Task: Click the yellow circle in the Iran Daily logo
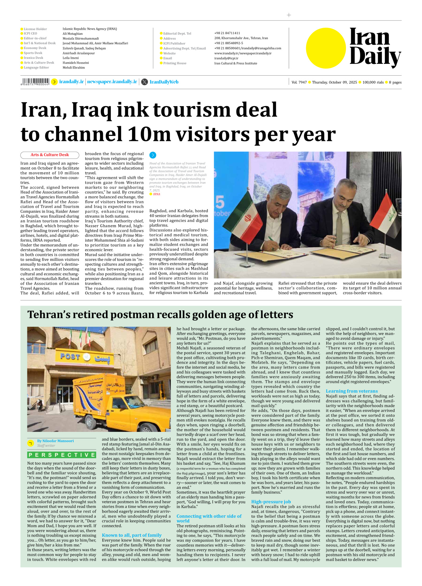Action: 326,48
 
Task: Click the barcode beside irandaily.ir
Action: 35,81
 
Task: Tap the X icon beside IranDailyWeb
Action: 144,82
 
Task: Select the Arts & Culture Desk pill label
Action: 50,155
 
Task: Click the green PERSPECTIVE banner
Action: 62,455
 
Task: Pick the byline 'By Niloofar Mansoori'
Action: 55,441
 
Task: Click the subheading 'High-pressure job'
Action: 271,502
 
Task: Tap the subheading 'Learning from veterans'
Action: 351,391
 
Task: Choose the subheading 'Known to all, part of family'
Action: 132,535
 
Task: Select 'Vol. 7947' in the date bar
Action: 299,82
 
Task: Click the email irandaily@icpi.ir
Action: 226,58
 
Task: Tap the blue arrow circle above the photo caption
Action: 153,155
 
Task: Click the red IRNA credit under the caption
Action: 156,194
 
